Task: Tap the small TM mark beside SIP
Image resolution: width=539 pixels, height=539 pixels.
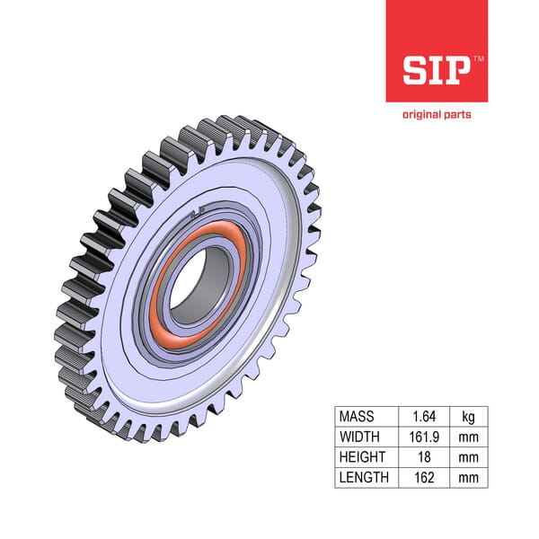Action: [x=478, y=58]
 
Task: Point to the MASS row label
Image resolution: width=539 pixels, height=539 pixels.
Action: [x=357, y=417]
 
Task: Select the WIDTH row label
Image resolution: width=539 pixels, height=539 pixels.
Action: [x=358, y=437]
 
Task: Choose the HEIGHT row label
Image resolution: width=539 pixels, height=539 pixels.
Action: [x=361, y=457]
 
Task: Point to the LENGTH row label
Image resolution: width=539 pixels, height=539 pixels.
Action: [x=363, y=477]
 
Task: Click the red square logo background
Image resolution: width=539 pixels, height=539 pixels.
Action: [x=404, y=27]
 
